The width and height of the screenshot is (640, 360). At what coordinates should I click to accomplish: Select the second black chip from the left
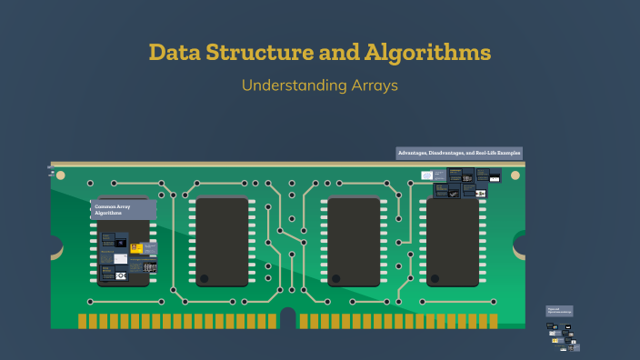223,242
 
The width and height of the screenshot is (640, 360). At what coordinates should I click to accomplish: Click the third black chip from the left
354,242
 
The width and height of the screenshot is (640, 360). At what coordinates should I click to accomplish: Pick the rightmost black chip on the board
453,242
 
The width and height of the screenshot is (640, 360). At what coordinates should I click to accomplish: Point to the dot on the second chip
205,278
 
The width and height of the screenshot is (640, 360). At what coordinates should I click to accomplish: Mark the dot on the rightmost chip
435,278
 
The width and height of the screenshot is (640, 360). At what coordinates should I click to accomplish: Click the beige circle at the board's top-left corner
54,173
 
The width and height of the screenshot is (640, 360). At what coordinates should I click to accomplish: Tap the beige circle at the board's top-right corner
520,173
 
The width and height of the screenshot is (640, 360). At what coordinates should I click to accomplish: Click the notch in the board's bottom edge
288,318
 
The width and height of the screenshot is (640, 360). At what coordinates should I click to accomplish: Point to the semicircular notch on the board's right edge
521,244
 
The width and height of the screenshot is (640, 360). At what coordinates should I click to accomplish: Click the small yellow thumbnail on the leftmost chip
135,245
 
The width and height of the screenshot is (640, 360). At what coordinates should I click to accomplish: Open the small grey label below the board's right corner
559,311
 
